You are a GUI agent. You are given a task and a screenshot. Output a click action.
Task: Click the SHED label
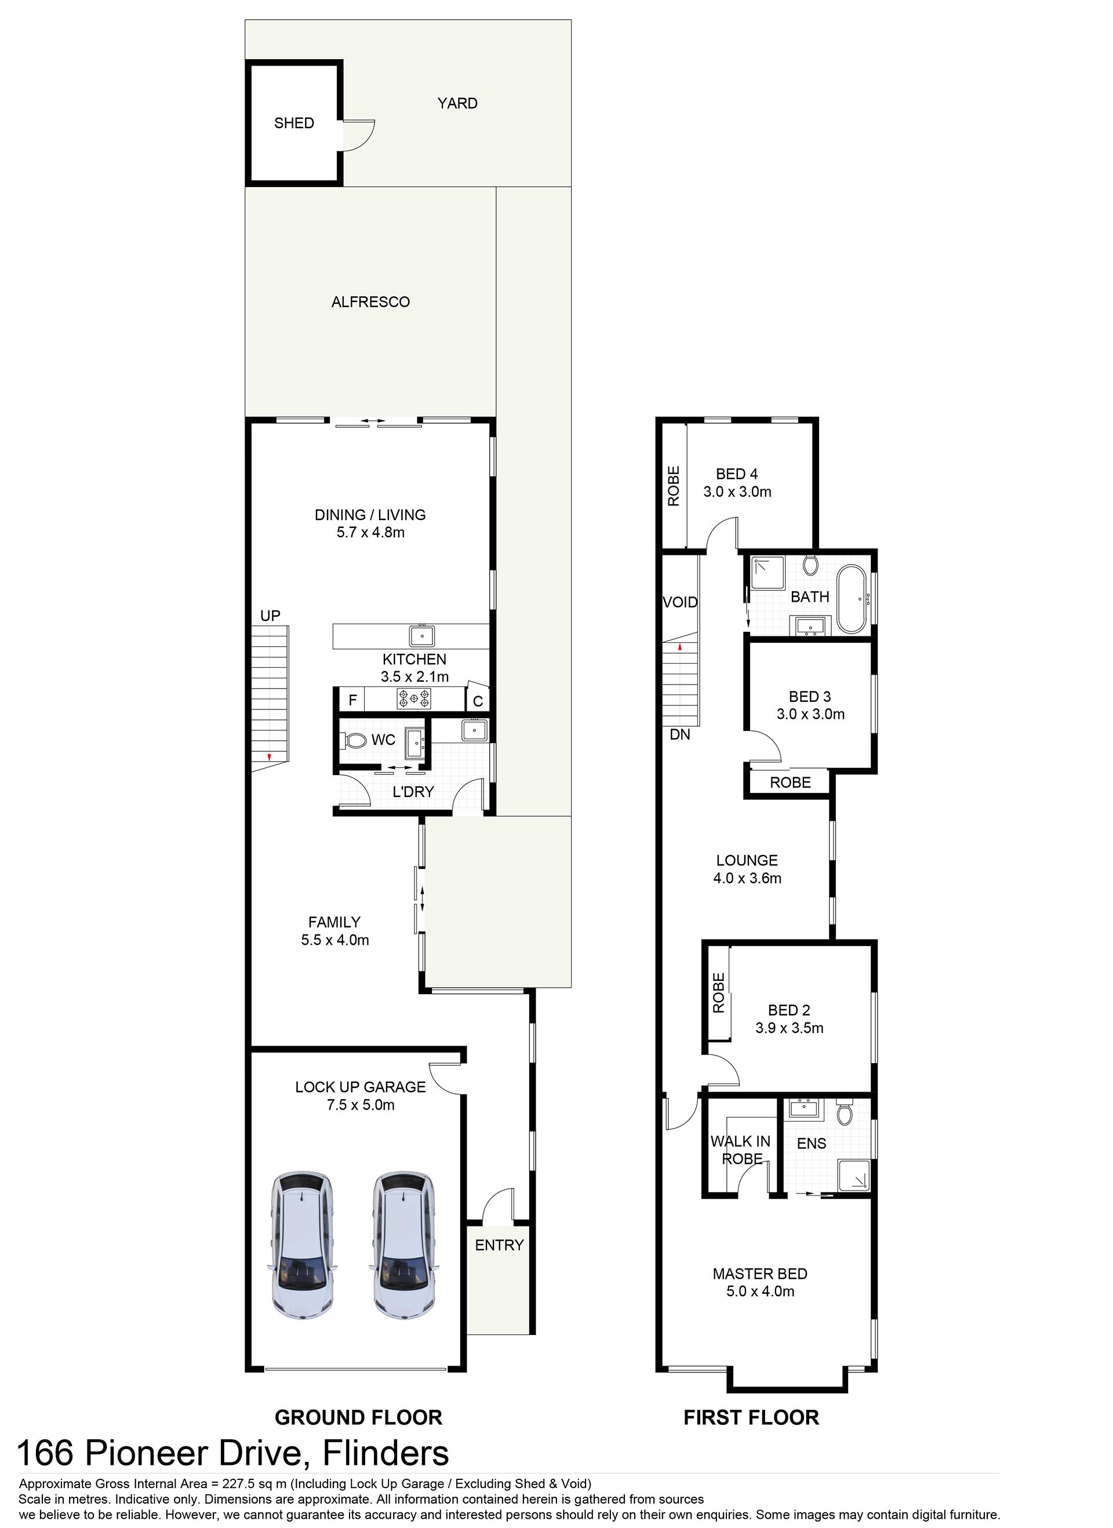tap(294, 123)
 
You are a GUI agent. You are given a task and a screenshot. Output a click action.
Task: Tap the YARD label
tap(457, 103)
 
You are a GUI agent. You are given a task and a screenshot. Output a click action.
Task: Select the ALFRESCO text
tap(370, 302)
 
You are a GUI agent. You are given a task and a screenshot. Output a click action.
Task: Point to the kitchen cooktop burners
tap(414, 698)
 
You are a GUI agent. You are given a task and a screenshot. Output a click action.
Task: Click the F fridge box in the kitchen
tap(352, 700)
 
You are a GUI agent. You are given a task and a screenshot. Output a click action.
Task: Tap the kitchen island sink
tap(422, 636)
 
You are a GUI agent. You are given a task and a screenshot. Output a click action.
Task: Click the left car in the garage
tap(303, 1246)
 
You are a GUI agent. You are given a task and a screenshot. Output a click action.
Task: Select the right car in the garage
tap(404, 1246)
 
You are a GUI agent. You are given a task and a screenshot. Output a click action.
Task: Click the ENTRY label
tap(499, 1245)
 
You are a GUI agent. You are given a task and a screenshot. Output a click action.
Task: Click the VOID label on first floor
tap(681, 602)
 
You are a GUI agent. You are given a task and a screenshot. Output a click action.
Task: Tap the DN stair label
tap(680, 734)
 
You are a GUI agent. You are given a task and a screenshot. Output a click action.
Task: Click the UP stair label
tap(270, 616)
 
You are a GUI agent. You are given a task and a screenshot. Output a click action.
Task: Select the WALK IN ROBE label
tap(741, 1150)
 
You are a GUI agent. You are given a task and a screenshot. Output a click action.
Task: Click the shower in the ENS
tap(854, 1176)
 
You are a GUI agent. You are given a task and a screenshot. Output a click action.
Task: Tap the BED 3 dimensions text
tap(810, 714)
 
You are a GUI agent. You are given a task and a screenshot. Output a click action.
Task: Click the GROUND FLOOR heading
tap(358, 1417)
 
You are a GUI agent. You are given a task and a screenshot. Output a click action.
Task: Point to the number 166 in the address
tap(45, 1454)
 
